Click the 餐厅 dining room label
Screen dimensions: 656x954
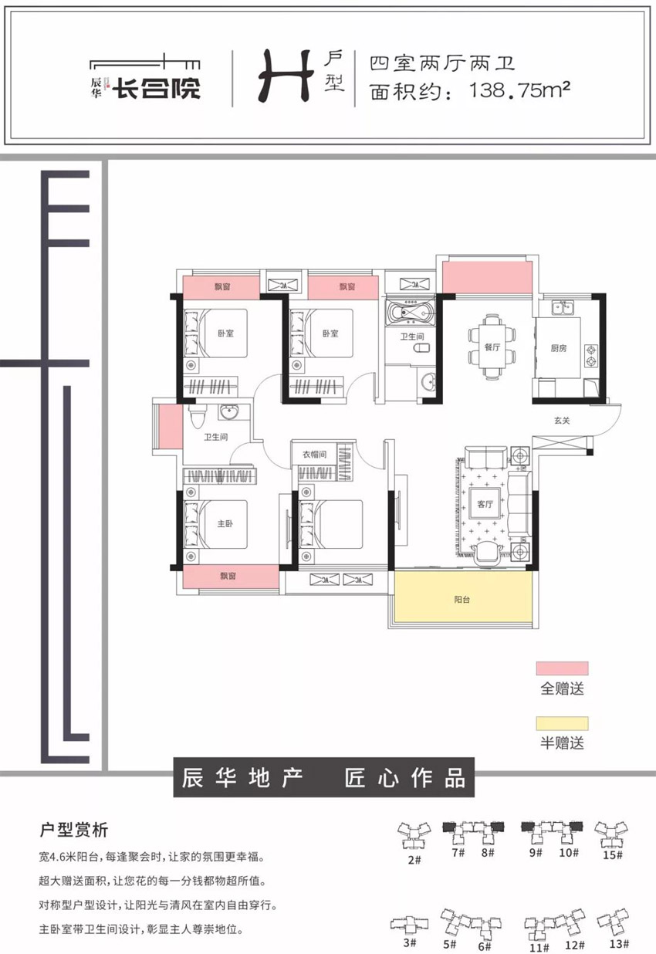(492, 347)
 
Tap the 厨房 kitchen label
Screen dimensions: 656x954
(559, 348)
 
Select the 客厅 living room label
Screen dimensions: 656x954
(485, 504)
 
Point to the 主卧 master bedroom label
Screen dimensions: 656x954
(225, 523)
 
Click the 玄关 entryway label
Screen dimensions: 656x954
(562, 421)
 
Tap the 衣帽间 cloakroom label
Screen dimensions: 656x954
(314, 455)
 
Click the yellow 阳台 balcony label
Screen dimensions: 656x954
(462, 600)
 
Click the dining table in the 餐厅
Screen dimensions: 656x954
(492, 347)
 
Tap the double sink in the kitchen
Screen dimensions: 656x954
(563, 307)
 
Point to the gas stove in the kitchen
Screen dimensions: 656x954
(591, 356)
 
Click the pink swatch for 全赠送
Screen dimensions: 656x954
(563, 668)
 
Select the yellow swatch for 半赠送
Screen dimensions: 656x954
(563, 723)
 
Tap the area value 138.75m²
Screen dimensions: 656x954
(519, 90)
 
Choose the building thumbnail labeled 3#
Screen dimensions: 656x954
(409, 924)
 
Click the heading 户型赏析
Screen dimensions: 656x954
(73, 830)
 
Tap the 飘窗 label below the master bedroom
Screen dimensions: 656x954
(228, 577)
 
